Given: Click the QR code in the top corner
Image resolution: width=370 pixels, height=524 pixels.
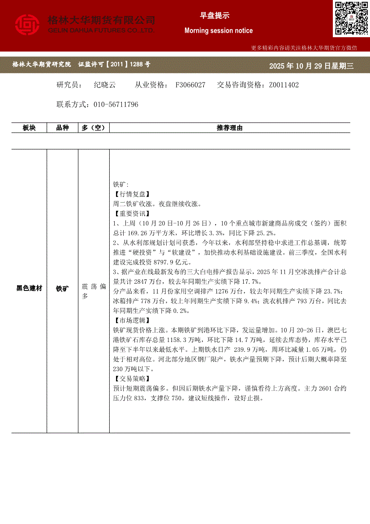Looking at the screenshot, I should pyautogui.click(x=351, y=18).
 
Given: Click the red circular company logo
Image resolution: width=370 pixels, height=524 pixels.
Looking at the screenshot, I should pyautogui.click(x=27, y=25).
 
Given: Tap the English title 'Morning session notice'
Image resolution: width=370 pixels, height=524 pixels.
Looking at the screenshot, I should pyautogui.click(x=219, y=30).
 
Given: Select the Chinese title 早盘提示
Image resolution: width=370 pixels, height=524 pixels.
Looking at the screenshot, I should pyautogui.click(x=215, y=16).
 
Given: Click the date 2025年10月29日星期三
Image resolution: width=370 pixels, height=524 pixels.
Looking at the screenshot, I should pyautogui.click(x=311, y=66).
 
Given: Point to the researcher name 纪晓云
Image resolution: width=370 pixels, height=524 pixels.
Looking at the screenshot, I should pyautogui.click(x=104, y=85).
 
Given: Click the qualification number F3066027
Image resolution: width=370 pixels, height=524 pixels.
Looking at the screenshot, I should pyautogui.click(x=190, y=85).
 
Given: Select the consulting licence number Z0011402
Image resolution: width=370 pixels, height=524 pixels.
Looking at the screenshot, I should pyautogui.click(x=284, y=85).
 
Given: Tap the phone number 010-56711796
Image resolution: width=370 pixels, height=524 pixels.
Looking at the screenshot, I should pyautogui.click(x=116, y=104).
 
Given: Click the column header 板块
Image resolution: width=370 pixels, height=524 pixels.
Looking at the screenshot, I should pyautogui.click(x=29, y=128).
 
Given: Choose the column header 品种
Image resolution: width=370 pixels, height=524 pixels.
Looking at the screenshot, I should pyautogui.click(x=62, y=128).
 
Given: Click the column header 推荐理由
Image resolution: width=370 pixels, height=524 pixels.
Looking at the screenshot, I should pyautogui.click(x=229, y=128).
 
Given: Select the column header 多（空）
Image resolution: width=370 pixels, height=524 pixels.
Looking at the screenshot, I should pyautogui.click(x=93, y=128).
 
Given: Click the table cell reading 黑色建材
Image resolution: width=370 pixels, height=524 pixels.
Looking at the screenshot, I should pyautogui.click(x=29, y=288).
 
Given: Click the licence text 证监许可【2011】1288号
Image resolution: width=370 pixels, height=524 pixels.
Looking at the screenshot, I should pyautogui.click(x=114, y=65).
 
